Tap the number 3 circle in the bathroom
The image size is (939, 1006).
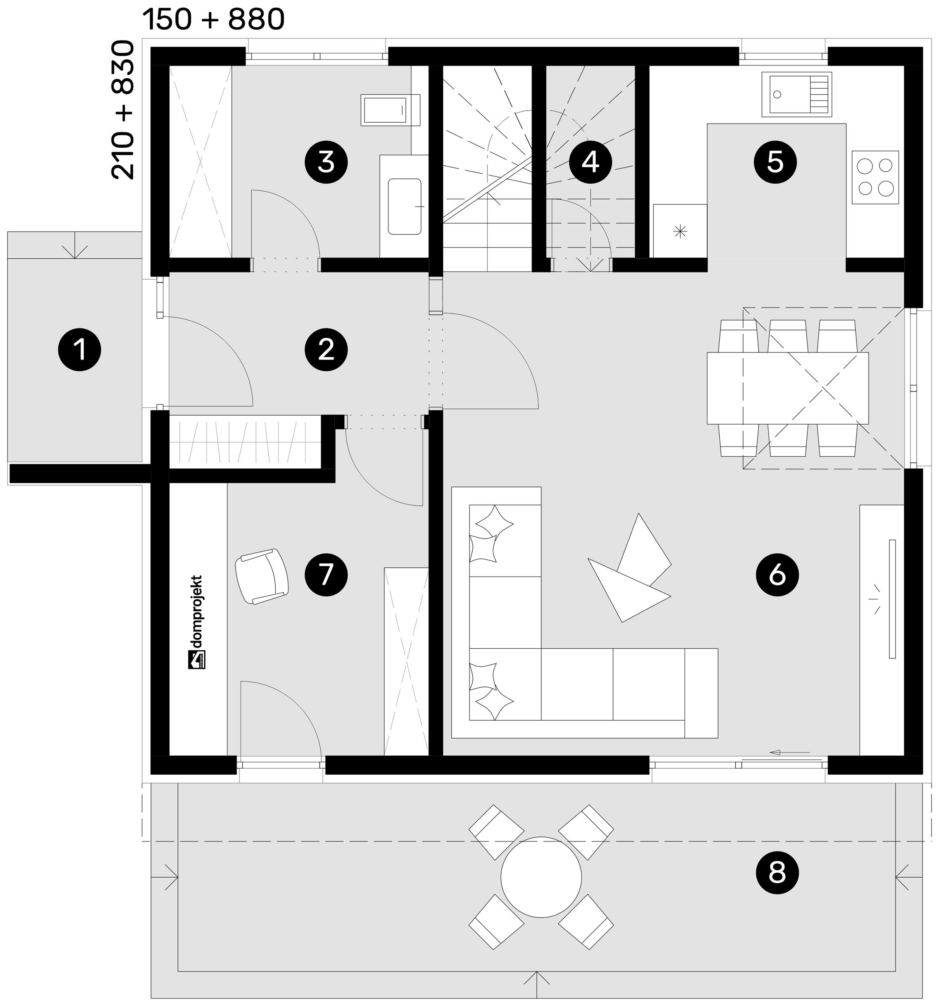click(x=326, y=163)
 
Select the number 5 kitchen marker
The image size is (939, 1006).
click(x=775, y=163)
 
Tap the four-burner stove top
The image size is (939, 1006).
click(x=875, y=177)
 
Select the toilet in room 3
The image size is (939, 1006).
click(x=390, y=110)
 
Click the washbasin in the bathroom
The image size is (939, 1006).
click(x=404, y=206)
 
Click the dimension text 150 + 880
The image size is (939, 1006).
click(x=214, y=19)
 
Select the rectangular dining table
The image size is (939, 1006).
click(x=788, y=388)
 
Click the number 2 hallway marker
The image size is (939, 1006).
click(x=326, y=350)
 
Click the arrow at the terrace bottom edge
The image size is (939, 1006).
click(x=537, y=984)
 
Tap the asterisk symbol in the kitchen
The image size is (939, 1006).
click(x=680, y=232)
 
